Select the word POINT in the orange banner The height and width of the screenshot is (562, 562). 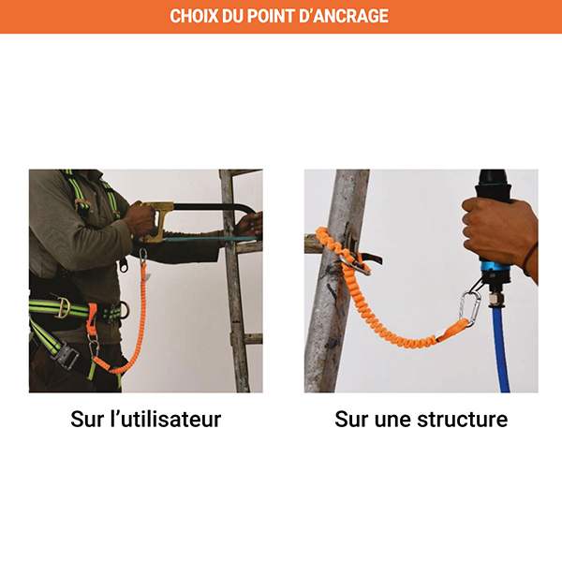(281, 17)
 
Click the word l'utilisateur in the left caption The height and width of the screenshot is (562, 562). (163, 419)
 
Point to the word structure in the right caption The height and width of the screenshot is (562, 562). (461, 419)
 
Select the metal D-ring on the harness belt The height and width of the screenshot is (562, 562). (63, 307)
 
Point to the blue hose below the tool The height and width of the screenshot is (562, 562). (501, 356)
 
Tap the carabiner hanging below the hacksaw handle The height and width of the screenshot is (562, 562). (144, 256)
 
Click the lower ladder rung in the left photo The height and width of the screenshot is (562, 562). (251, 338)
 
